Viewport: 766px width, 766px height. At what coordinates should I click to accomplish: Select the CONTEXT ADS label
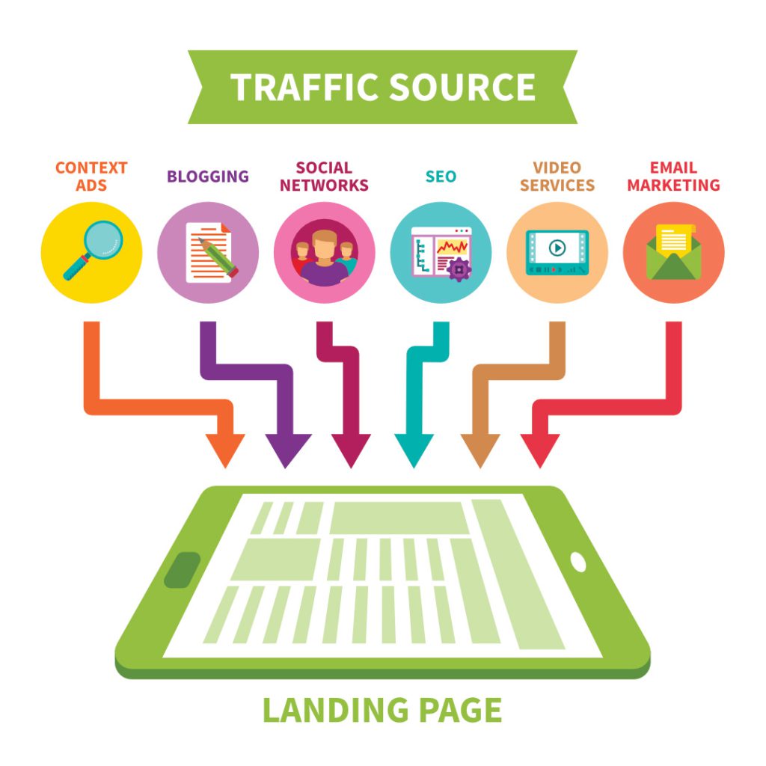tap(91, 176)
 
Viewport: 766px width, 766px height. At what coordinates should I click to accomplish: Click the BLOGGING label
tap(208, 177)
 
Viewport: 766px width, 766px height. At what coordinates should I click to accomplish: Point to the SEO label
tap(441, 177)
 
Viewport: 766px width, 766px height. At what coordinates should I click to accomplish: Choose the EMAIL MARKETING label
tap(673, 176)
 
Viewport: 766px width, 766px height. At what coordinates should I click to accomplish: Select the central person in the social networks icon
tap(325, 259)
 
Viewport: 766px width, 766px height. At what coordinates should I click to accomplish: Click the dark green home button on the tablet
tap(182, 570)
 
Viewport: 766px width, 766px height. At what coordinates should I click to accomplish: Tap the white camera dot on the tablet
tap(578, 562)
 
